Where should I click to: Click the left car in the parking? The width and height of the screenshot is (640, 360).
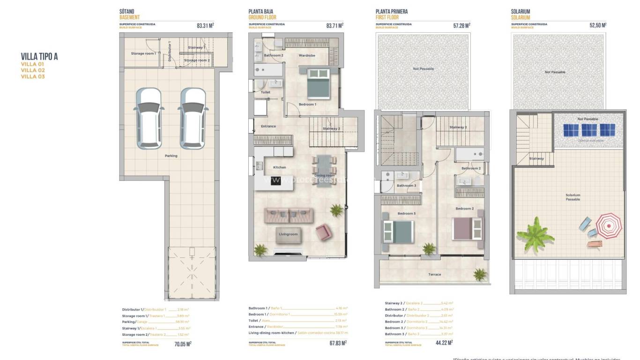tap(149, 117)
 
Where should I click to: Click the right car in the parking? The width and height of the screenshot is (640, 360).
tap(193, 117)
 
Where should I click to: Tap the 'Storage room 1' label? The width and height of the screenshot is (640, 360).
tap(143, 53)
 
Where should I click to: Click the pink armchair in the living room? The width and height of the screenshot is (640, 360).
tap(323, 232)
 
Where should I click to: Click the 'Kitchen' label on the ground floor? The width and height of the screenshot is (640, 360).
tap(279, 167)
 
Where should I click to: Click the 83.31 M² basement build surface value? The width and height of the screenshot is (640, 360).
tap(205, 26)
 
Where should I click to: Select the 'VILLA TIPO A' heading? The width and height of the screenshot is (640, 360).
tap(39, 57)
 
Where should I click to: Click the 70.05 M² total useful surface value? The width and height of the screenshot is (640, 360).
tap(183, 344)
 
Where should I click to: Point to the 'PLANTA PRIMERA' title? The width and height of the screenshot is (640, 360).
tap(392, 12)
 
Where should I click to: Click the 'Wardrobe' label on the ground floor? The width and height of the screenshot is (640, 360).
tap(307, 56)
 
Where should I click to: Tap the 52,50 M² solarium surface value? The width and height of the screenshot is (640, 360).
tap(598, 26)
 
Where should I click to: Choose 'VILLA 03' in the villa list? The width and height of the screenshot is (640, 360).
tap(33, 76)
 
